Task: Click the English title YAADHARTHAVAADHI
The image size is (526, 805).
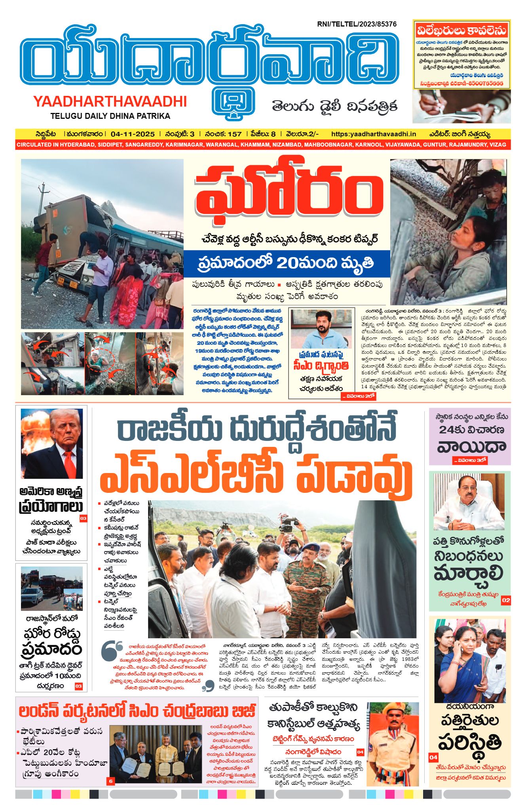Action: point(110,102)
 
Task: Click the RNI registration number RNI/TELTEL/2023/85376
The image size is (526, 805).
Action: point(357,24)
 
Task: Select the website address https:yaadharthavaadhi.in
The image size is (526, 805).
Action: point(373,134)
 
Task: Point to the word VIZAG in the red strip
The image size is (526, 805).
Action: point(498,145)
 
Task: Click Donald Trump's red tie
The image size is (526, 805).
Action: point(70,464)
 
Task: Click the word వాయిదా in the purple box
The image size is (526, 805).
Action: point(471,447)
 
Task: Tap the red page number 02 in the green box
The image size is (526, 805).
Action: point(505,600)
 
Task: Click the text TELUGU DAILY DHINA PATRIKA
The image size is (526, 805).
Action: point(110,116)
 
